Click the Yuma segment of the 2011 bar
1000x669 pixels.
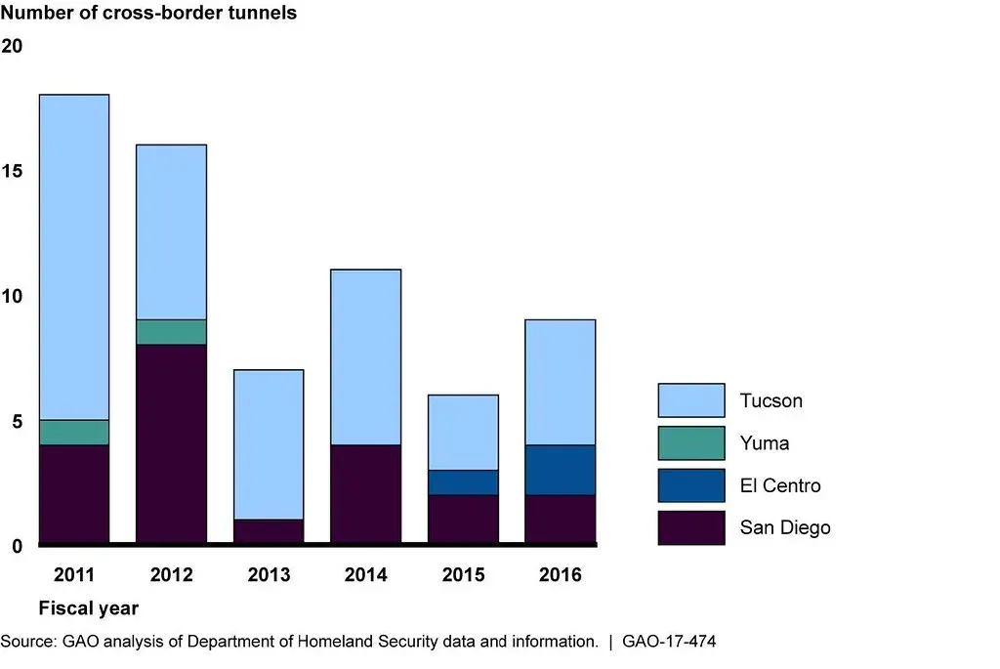pos(73,433)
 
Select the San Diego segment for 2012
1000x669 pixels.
pos(171,443)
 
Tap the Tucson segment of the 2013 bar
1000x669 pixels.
pos(269,444)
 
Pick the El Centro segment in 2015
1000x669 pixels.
pos(463,482)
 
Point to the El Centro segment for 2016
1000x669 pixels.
pos(561,470)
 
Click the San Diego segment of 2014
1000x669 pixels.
pos(366,493)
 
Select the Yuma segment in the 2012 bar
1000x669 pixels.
pos(171,332)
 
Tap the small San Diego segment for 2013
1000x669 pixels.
pos(269,531)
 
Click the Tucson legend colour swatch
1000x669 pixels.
pos(691,400)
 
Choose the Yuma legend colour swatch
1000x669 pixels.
pos(691,442)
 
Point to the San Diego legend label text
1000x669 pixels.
pos(785,527)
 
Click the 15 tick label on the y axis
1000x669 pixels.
pos(13,171)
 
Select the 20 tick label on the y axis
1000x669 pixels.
pos(13,46)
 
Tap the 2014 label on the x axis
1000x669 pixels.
pos(366,575)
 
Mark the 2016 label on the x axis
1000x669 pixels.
pos(561,575)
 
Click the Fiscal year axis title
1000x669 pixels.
pos(88,608)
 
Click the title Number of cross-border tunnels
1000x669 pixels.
pos(150,14)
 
